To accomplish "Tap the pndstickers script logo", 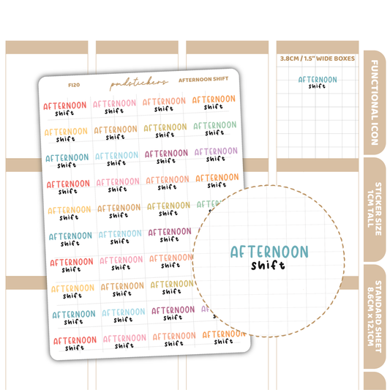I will (139, 83).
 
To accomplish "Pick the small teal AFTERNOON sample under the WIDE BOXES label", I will (317, 79).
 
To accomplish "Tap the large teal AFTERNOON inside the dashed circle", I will (269, 252).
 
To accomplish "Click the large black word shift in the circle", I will (267, 266).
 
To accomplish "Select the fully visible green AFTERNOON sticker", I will (214, 126).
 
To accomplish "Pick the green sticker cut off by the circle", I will (209, 205).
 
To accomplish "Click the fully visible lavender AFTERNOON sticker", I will (214, 151).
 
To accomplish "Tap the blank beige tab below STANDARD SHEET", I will (375, 380).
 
